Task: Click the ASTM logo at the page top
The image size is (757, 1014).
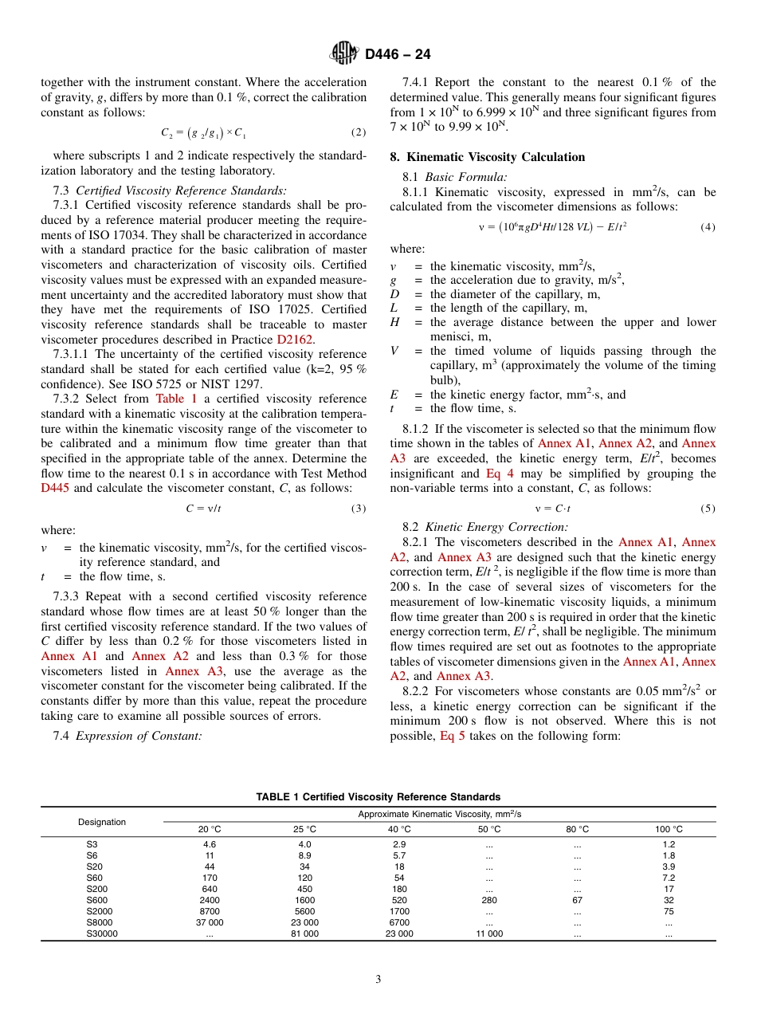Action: tap(344, 54)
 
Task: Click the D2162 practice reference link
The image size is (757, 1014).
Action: tap(295, 340)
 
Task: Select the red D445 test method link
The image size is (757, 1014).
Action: tap(56, 488)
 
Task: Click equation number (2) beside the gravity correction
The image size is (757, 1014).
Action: tap(359, 132)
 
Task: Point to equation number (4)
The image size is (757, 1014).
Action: tap(708, 227)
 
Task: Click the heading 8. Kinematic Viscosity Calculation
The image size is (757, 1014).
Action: tap(487, 157)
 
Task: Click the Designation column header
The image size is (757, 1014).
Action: tap(102, 822)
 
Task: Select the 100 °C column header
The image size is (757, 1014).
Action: tap(669, 829)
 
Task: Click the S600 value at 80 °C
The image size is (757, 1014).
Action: tap(578, 900)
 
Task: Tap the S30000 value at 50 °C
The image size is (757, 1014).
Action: tap(489, 933)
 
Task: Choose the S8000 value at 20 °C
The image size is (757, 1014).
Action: tap(210, 922)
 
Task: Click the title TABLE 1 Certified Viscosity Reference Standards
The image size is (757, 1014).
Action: tap(378, 797)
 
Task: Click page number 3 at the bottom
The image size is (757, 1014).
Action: tap(378, 980)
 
